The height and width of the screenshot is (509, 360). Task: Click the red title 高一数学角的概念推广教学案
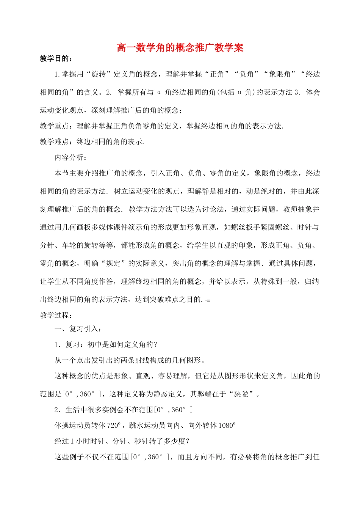[180, 47]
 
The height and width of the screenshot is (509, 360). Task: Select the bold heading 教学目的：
[56, 58]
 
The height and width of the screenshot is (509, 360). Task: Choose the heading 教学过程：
[56, 315]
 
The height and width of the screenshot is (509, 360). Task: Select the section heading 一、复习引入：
[78, 329]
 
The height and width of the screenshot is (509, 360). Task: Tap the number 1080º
[227, 425]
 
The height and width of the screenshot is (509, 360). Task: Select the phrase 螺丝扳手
[246, 227]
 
